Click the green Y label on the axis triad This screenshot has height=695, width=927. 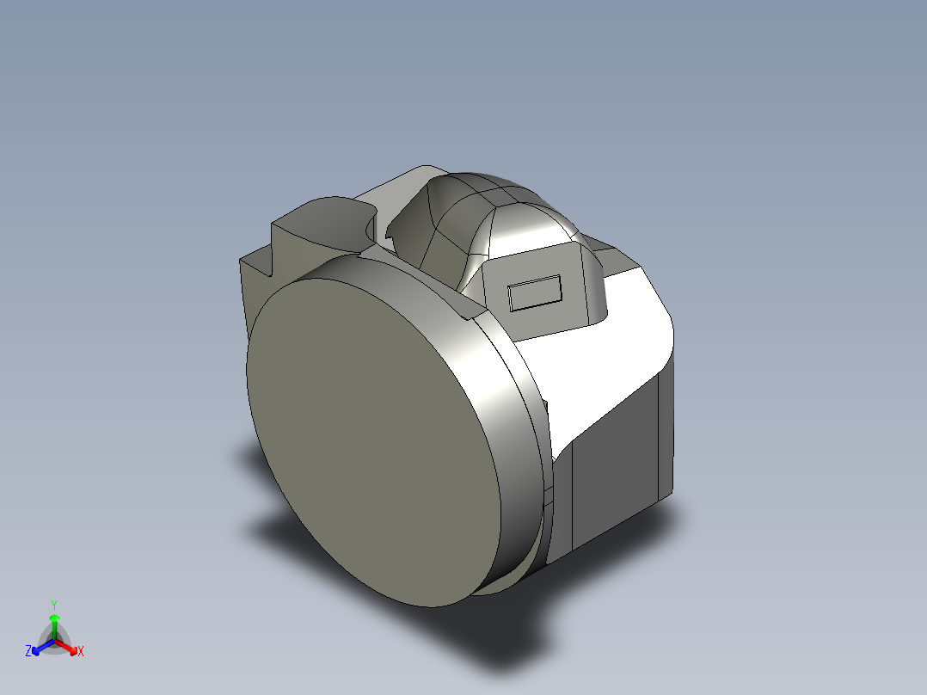53,605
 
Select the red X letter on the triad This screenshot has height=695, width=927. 80,651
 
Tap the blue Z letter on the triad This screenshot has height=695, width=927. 28,651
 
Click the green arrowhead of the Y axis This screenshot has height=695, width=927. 54,618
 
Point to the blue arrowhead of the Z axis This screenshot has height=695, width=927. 37,648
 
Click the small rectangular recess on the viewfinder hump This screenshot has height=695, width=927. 535,292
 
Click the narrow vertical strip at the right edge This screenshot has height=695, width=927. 666,430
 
